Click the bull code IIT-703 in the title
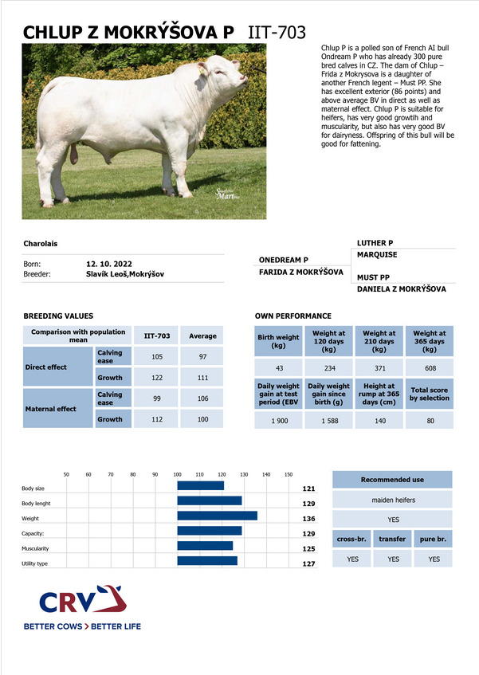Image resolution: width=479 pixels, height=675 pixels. coord(277,32)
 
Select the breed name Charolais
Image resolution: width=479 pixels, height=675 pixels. coord(41,242)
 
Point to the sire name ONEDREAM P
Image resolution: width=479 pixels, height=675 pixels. coord(284,260)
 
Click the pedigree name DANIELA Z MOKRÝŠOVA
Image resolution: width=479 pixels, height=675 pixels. coord(401,289)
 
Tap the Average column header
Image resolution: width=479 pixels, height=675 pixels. coord(202,336)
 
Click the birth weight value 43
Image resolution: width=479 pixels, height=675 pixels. coord(278,367)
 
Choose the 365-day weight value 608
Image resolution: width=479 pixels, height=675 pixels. coord(430,367)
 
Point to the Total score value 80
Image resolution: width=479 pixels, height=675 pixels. coord(430,421)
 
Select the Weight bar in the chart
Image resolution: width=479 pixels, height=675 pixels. coord(217,516)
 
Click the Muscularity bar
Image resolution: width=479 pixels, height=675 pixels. coord(205,546)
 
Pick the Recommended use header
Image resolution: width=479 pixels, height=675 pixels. coord(392,480)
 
